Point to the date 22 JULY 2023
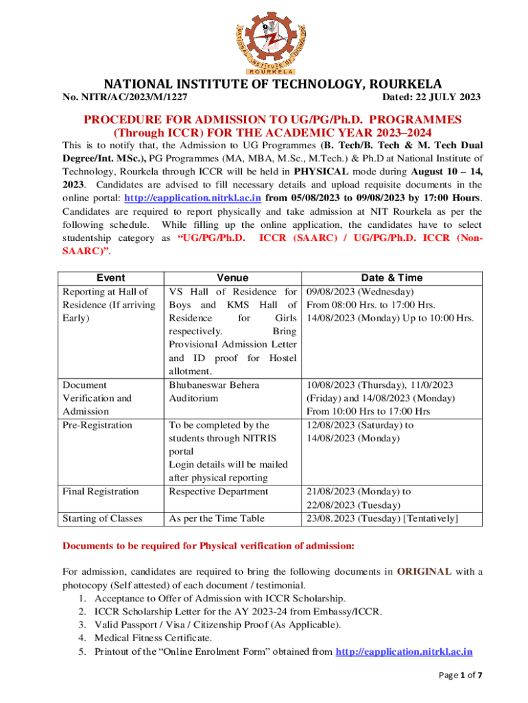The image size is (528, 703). [432, 97]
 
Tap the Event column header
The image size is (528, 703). [111, 277]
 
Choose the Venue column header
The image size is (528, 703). [232, 277]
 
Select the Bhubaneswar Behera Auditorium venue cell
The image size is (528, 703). [214, 391]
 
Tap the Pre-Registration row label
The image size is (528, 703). [97, 425]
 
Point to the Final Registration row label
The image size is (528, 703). [100, 491]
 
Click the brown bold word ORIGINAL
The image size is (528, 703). [424, 571]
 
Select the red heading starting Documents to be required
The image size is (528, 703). [208, 546]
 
